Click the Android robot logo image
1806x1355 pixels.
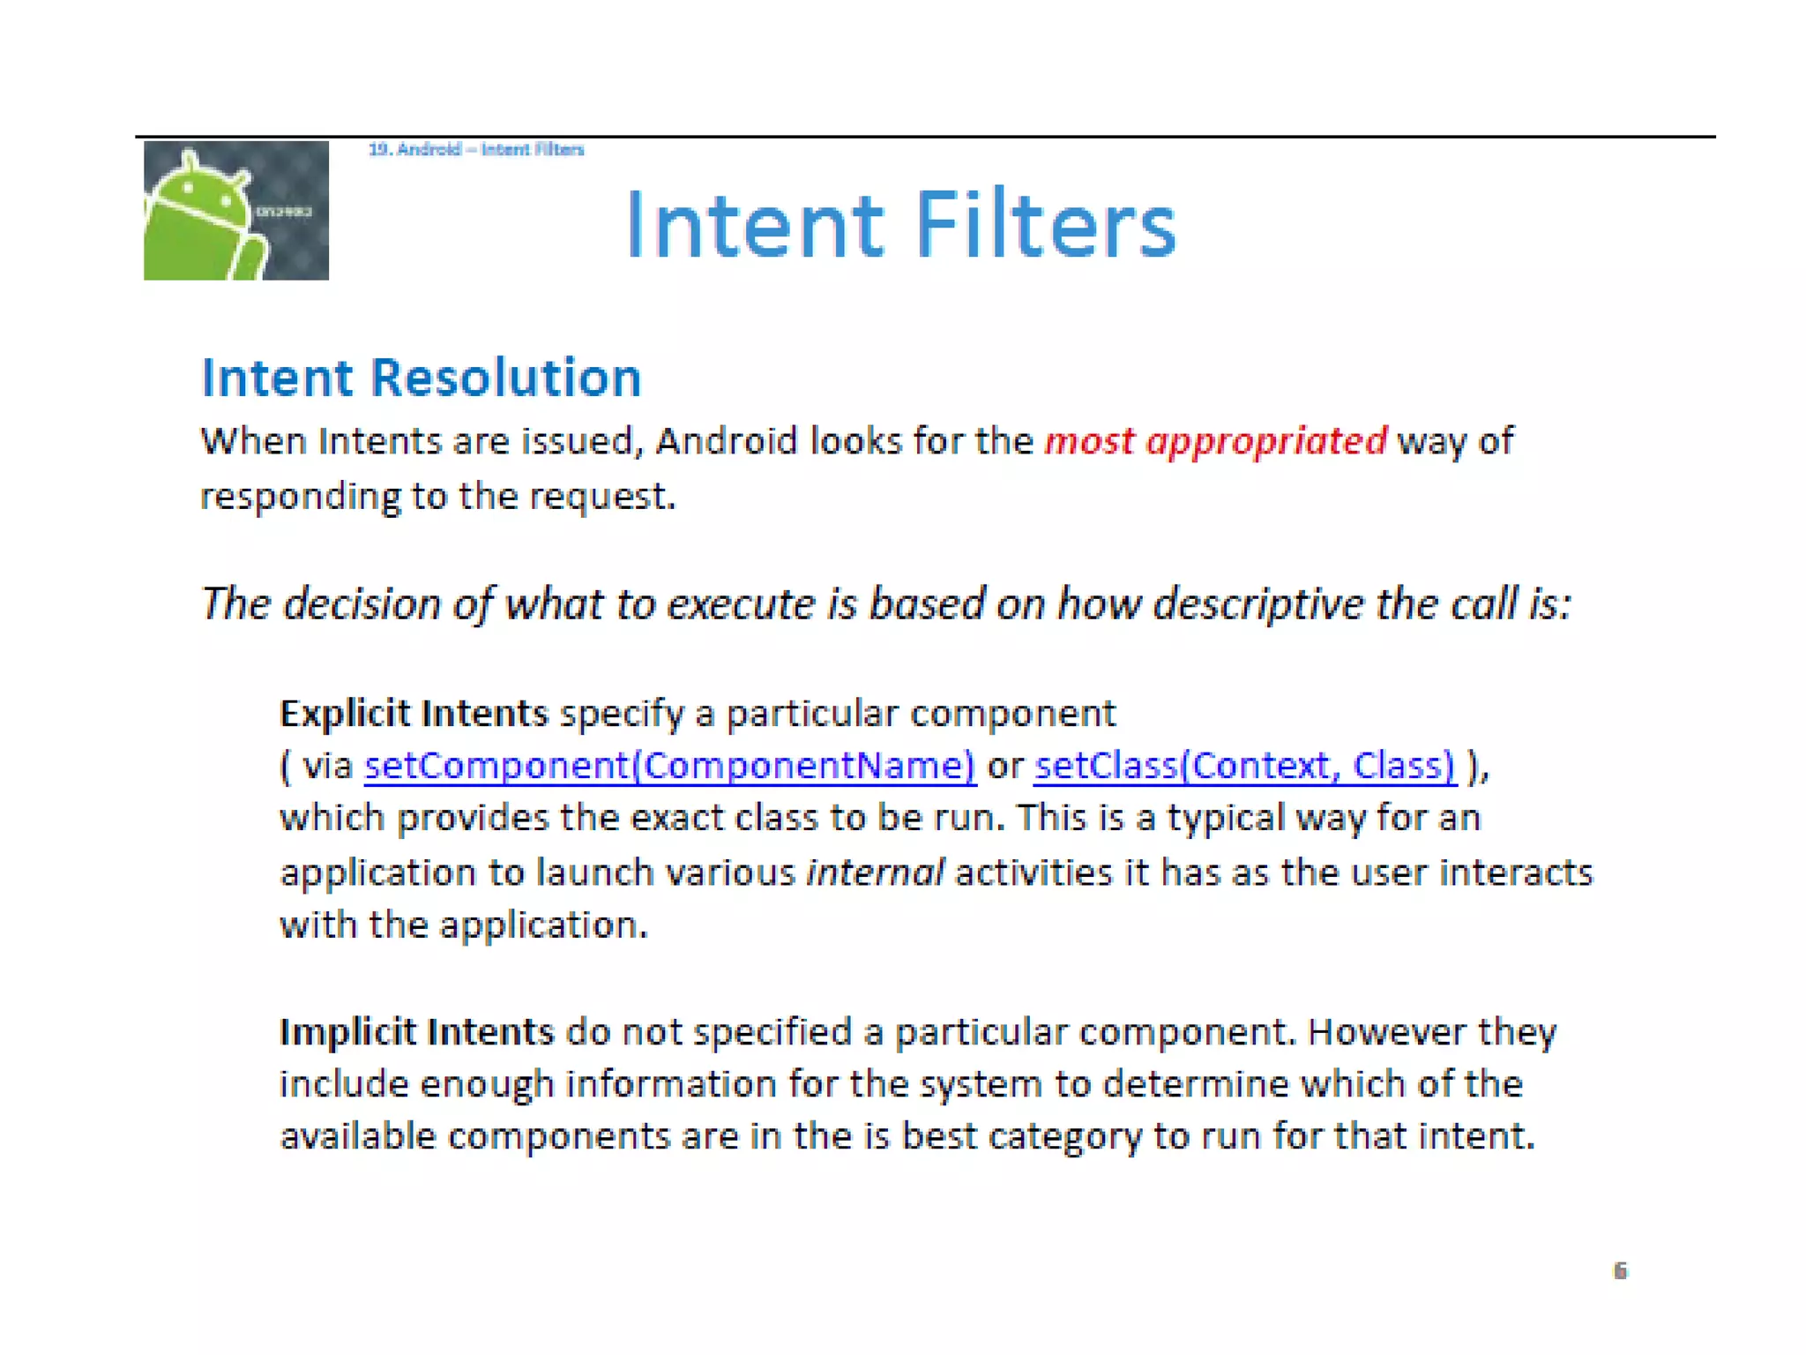(x=235, y=210)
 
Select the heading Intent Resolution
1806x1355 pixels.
(x=421, y=378)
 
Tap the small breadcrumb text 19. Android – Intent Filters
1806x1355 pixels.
(x=476, y=149)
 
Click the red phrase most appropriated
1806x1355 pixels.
(x=1214, y=440)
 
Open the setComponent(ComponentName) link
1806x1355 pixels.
(x=669, y=765)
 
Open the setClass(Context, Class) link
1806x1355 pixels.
(x=1244, y=765)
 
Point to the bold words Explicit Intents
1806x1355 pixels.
(x=414, y=713)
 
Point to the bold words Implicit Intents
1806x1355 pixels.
(x=416, y=1031)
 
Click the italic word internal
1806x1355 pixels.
(x=875, y=872)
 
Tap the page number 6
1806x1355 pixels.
(x=1620, y=1270)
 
